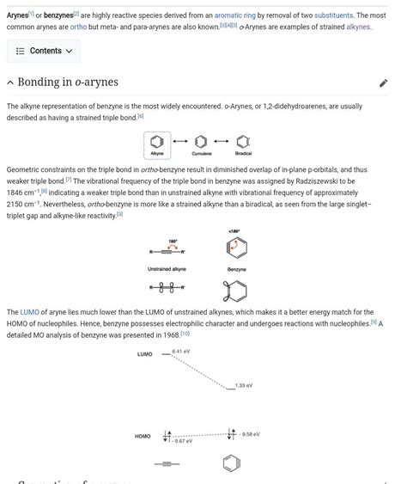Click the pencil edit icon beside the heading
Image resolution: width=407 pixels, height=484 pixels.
click(x=383, y=83)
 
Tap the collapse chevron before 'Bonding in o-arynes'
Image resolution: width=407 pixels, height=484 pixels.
click(x=10, y=83)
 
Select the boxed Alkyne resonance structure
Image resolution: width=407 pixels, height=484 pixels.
click(x=157, y=143)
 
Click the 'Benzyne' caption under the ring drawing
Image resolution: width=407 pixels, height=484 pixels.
click(x=236, y=269)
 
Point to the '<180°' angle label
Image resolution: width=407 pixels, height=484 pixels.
click(x=234, y=231)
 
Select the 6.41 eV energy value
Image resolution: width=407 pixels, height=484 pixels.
click(x=181, y=352)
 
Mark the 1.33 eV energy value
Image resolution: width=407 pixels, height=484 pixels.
click(x=244, y=386)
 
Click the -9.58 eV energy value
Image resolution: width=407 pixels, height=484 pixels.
click(x=250, y=434)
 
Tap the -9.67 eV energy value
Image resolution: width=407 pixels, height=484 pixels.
click(x=183, y=441)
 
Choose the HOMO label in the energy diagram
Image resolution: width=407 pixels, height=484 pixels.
click(x=143, y=436)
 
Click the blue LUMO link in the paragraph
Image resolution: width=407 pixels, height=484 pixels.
click(x=30, y=312)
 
